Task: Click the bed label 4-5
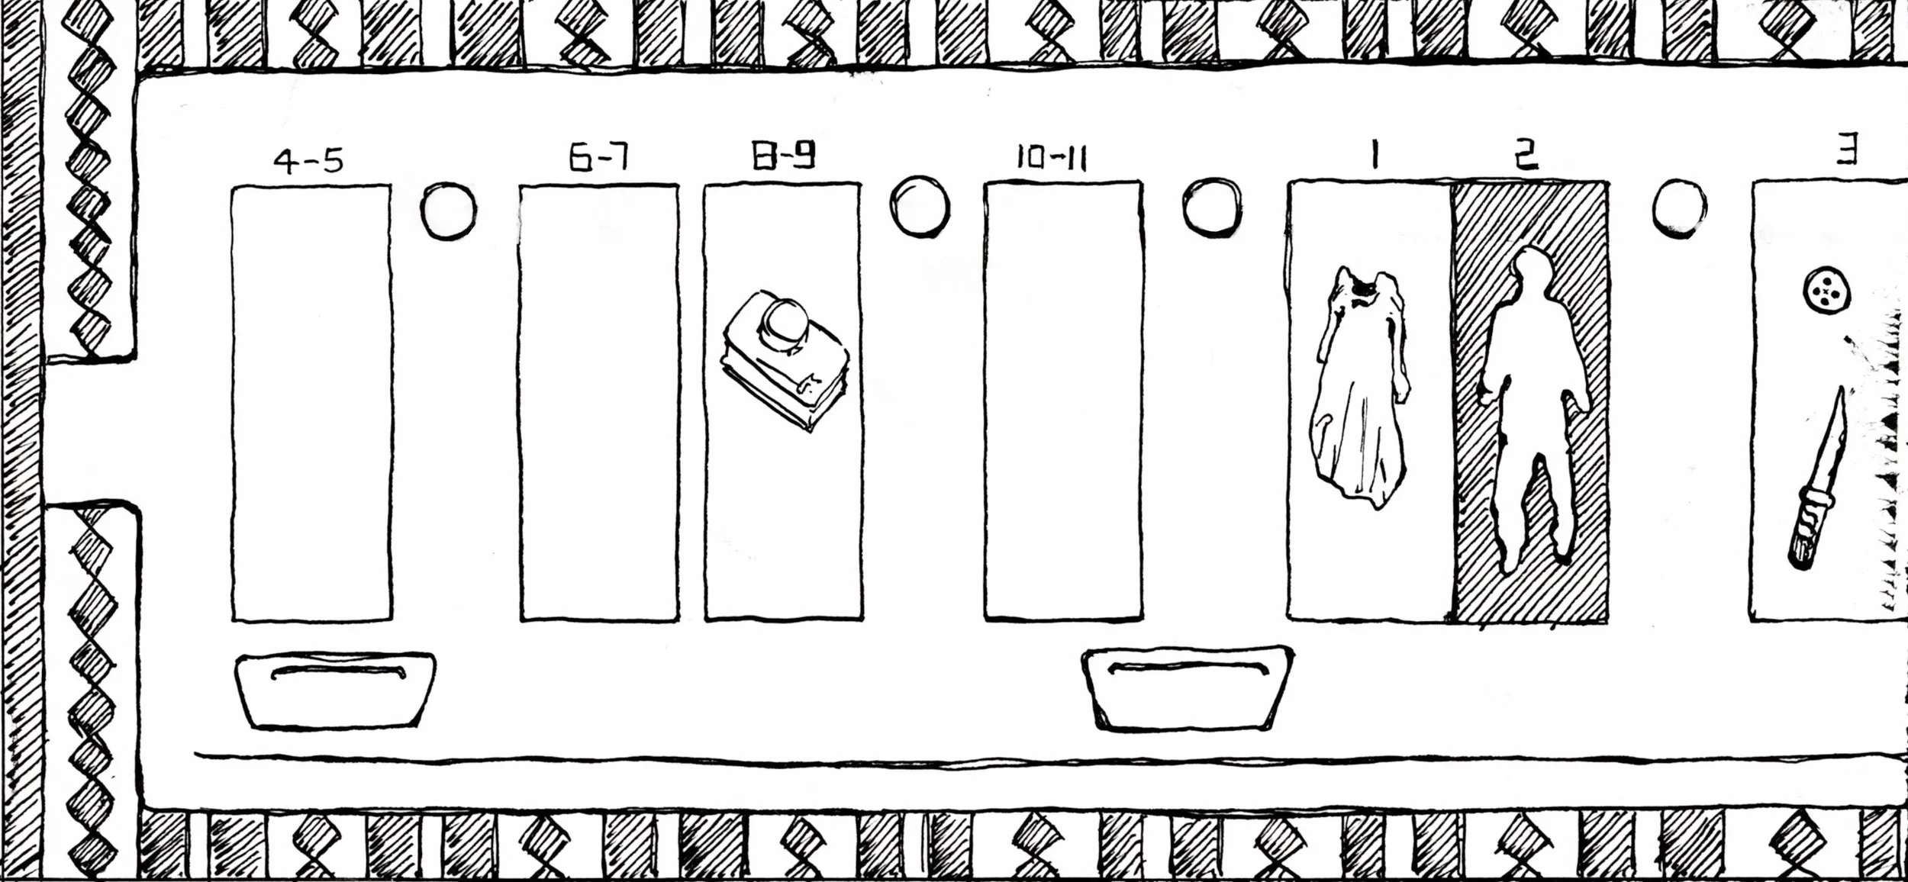tap(309, 161)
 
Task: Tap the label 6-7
tap(598, 158)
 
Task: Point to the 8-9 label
tap(784, 156)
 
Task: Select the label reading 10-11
tap(1051, 158)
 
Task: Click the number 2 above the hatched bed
tap(1526, 156)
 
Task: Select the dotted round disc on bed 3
tap(1826, 291)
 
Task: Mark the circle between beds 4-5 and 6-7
tap(449, 210)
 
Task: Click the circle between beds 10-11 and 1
tap(1212, 208)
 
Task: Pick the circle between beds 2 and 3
tap(1679, 208)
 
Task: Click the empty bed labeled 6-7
tap(599, 403)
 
